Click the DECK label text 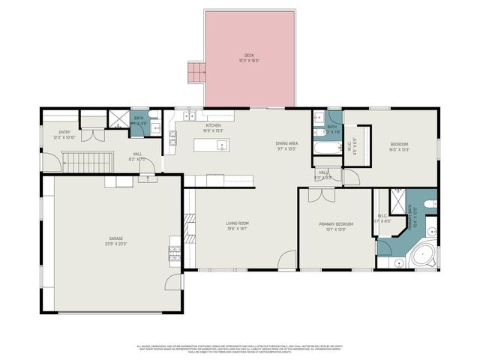[249, 56]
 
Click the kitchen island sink [222, 145]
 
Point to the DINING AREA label [287, 145]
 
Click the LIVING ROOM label [238, 225]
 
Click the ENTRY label [64, 134]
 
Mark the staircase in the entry [85, 160]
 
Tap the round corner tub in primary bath [424, 255]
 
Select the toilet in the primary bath [430, 203]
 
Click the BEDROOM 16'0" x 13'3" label [399, 146]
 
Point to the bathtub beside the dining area [328, 148]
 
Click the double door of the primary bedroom [321, 195]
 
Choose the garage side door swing [174, 282]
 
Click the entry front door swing [50, 161]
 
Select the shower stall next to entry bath [118, 120]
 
